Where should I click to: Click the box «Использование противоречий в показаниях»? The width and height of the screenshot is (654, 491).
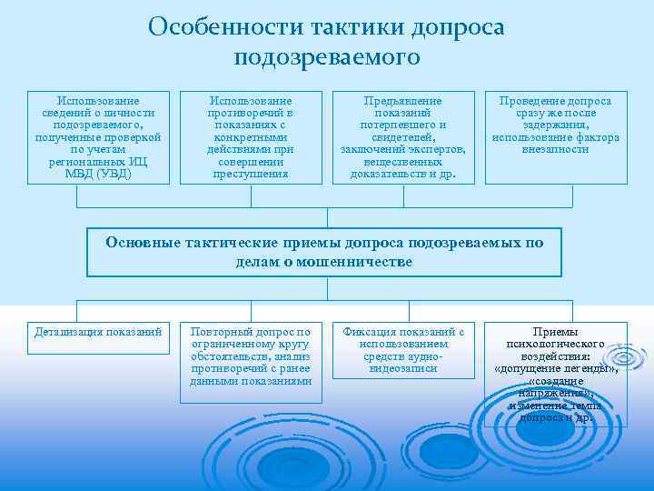point(251,136)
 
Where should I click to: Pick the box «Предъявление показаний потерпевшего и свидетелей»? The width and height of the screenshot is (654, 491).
point(402,136)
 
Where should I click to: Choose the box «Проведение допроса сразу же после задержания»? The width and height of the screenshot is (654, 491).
point(556,136)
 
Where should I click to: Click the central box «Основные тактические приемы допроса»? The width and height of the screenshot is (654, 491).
point(325,252)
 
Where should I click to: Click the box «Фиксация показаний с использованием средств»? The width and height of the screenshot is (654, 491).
point(402,351)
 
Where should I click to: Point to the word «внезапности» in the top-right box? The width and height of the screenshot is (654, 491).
point(556,149)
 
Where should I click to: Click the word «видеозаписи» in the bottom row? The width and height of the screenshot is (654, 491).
point(403,369)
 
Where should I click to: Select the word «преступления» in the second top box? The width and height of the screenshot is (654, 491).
point(251,173)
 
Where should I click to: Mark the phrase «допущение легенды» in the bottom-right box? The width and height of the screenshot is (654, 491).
point(555,370)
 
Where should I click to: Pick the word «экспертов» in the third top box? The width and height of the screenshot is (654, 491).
point(434,149)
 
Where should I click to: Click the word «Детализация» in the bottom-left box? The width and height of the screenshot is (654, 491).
point(69,332)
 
